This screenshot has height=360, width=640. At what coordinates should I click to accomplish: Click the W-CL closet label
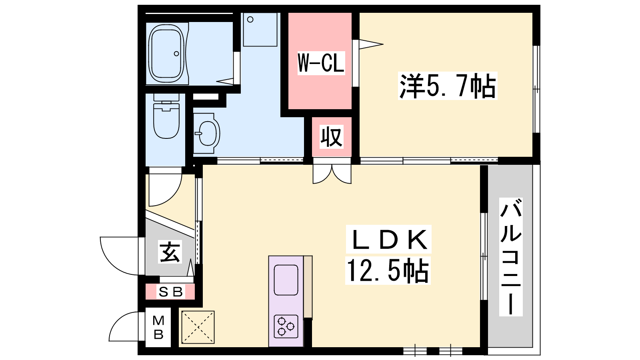point(321,63)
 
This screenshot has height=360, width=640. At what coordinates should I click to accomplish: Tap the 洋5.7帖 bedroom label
point(448,86)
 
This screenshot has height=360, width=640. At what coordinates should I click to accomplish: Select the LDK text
point(388,239)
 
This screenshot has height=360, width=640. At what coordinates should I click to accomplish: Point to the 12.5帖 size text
point(388,270)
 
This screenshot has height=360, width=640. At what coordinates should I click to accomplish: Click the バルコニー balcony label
point(511,257)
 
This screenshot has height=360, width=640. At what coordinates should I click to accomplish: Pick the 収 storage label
point(332,137)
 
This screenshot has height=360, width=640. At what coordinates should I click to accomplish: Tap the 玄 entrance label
point(170,252)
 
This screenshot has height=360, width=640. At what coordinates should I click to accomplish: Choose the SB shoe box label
point(170,292)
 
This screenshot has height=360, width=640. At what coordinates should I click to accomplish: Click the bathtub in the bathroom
point(166,54)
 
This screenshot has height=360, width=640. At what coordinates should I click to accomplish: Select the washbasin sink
point(206,134)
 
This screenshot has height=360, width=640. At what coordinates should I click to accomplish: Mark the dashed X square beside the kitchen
point(198,327)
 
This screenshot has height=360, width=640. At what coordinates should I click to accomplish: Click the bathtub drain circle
point(176,54)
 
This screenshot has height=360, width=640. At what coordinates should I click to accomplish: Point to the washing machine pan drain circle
point(250,20)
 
